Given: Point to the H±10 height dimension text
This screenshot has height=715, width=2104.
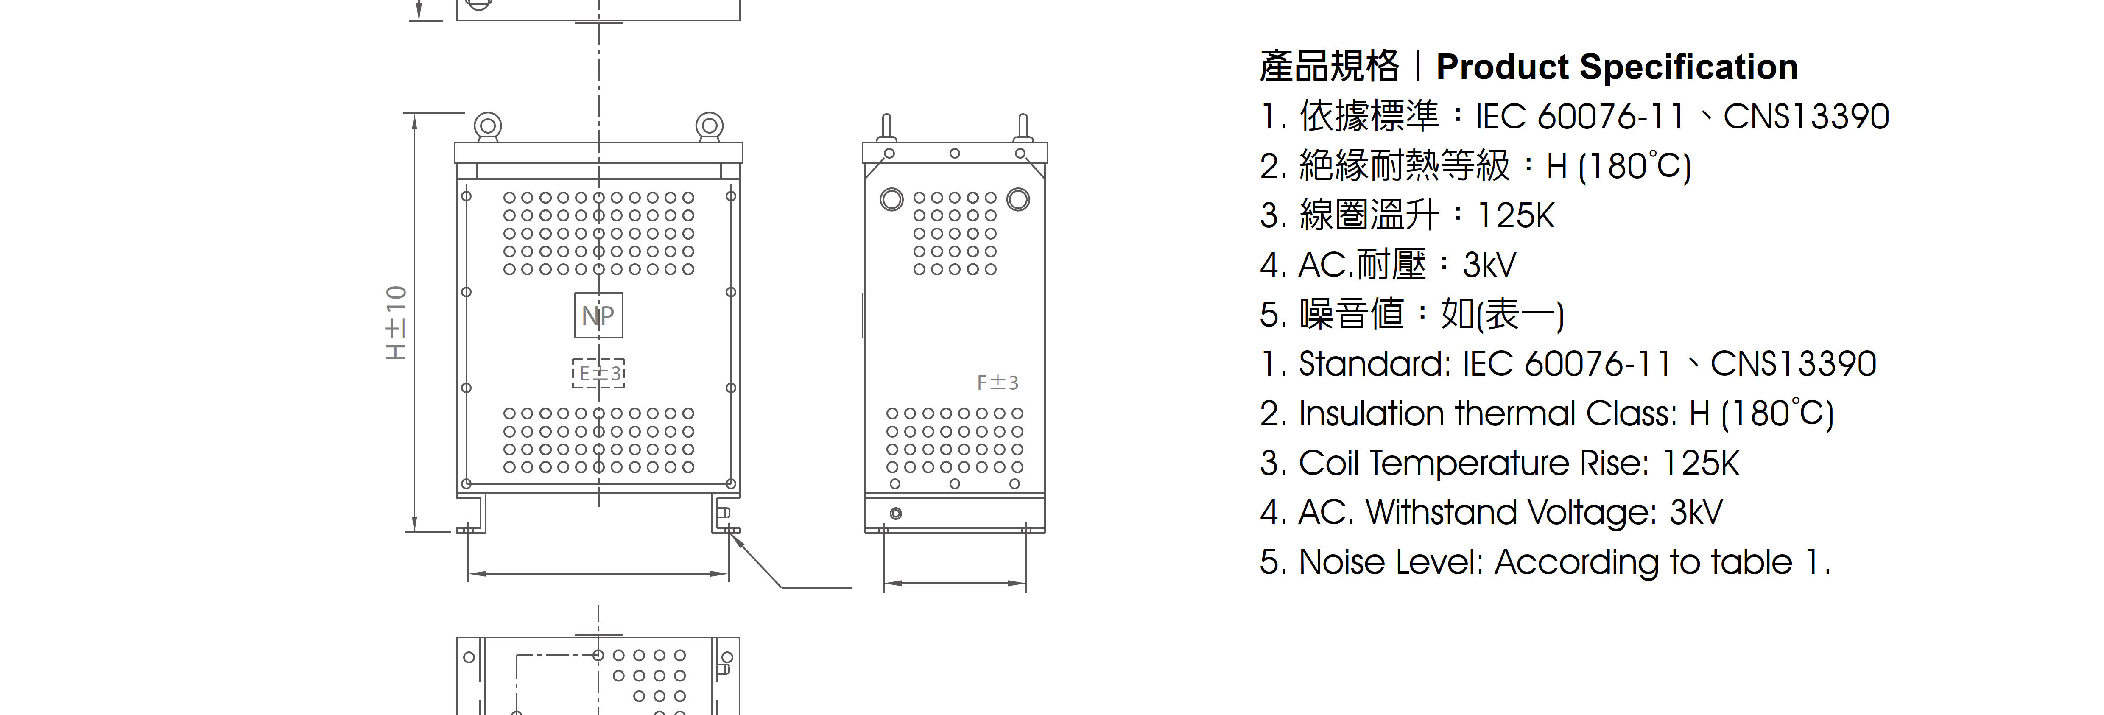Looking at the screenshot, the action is pyautogui.click(x=396, y=323).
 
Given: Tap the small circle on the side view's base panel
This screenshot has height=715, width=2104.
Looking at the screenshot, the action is pyautogui.click(x=896, y=513).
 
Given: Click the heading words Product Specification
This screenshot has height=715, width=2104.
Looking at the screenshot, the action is pyautogui.click(x=1617, y=66).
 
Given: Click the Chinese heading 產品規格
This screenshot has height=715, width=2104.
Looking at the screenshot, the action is pyautogui.click(x=1329, y=66).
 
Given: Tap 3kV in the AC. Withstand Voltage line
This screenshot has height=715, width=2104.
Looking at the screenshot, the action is pyautogui.click(x=1696, y=512).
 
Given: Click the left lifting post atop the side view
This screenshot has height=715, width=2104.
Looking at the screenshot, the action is pyautogui.click(x=886, y=128).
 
